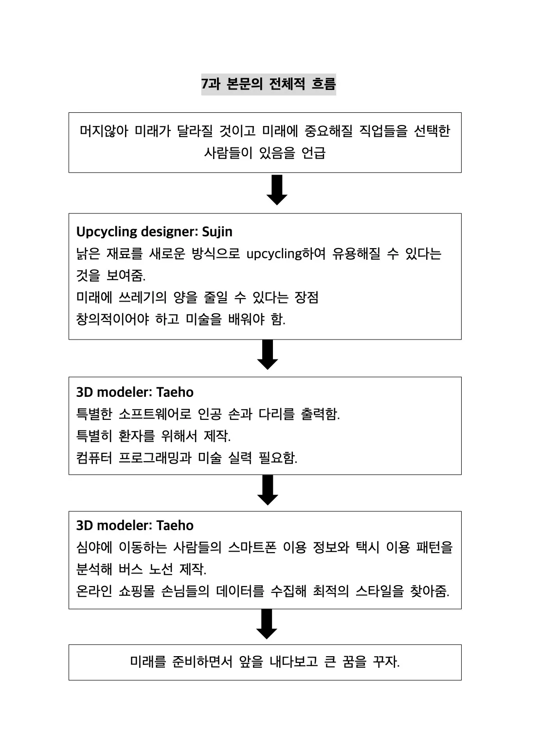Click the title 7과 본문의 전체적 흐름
(269, 84)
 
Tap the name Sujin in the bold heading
(217, 232)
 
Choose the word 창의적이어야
(112, 319)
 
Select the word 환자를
(137, 436)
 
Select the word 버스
(130, 569)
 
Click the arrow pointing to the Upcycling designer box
(277, 190)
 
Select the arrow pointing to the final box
(267, 624)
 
